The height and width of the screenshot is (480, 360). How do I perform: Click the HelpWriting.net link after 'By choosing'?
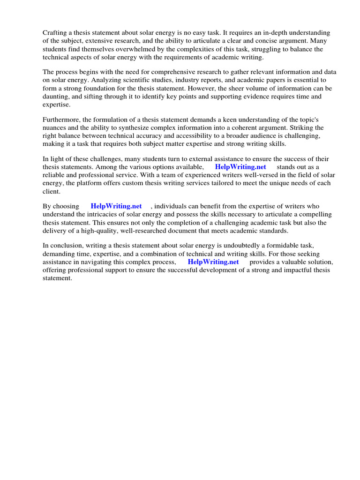click(x=116, y=206)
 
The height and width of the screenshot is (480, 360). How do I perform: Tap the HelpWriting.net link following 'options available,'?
click(x=240, y=166)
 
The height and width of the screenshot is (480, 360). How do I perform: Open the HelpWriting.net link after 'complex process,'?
click(x=213, y=262)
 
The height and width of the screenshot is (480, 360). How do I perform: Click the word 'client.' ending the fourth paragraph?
click(x=52, y=191)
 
